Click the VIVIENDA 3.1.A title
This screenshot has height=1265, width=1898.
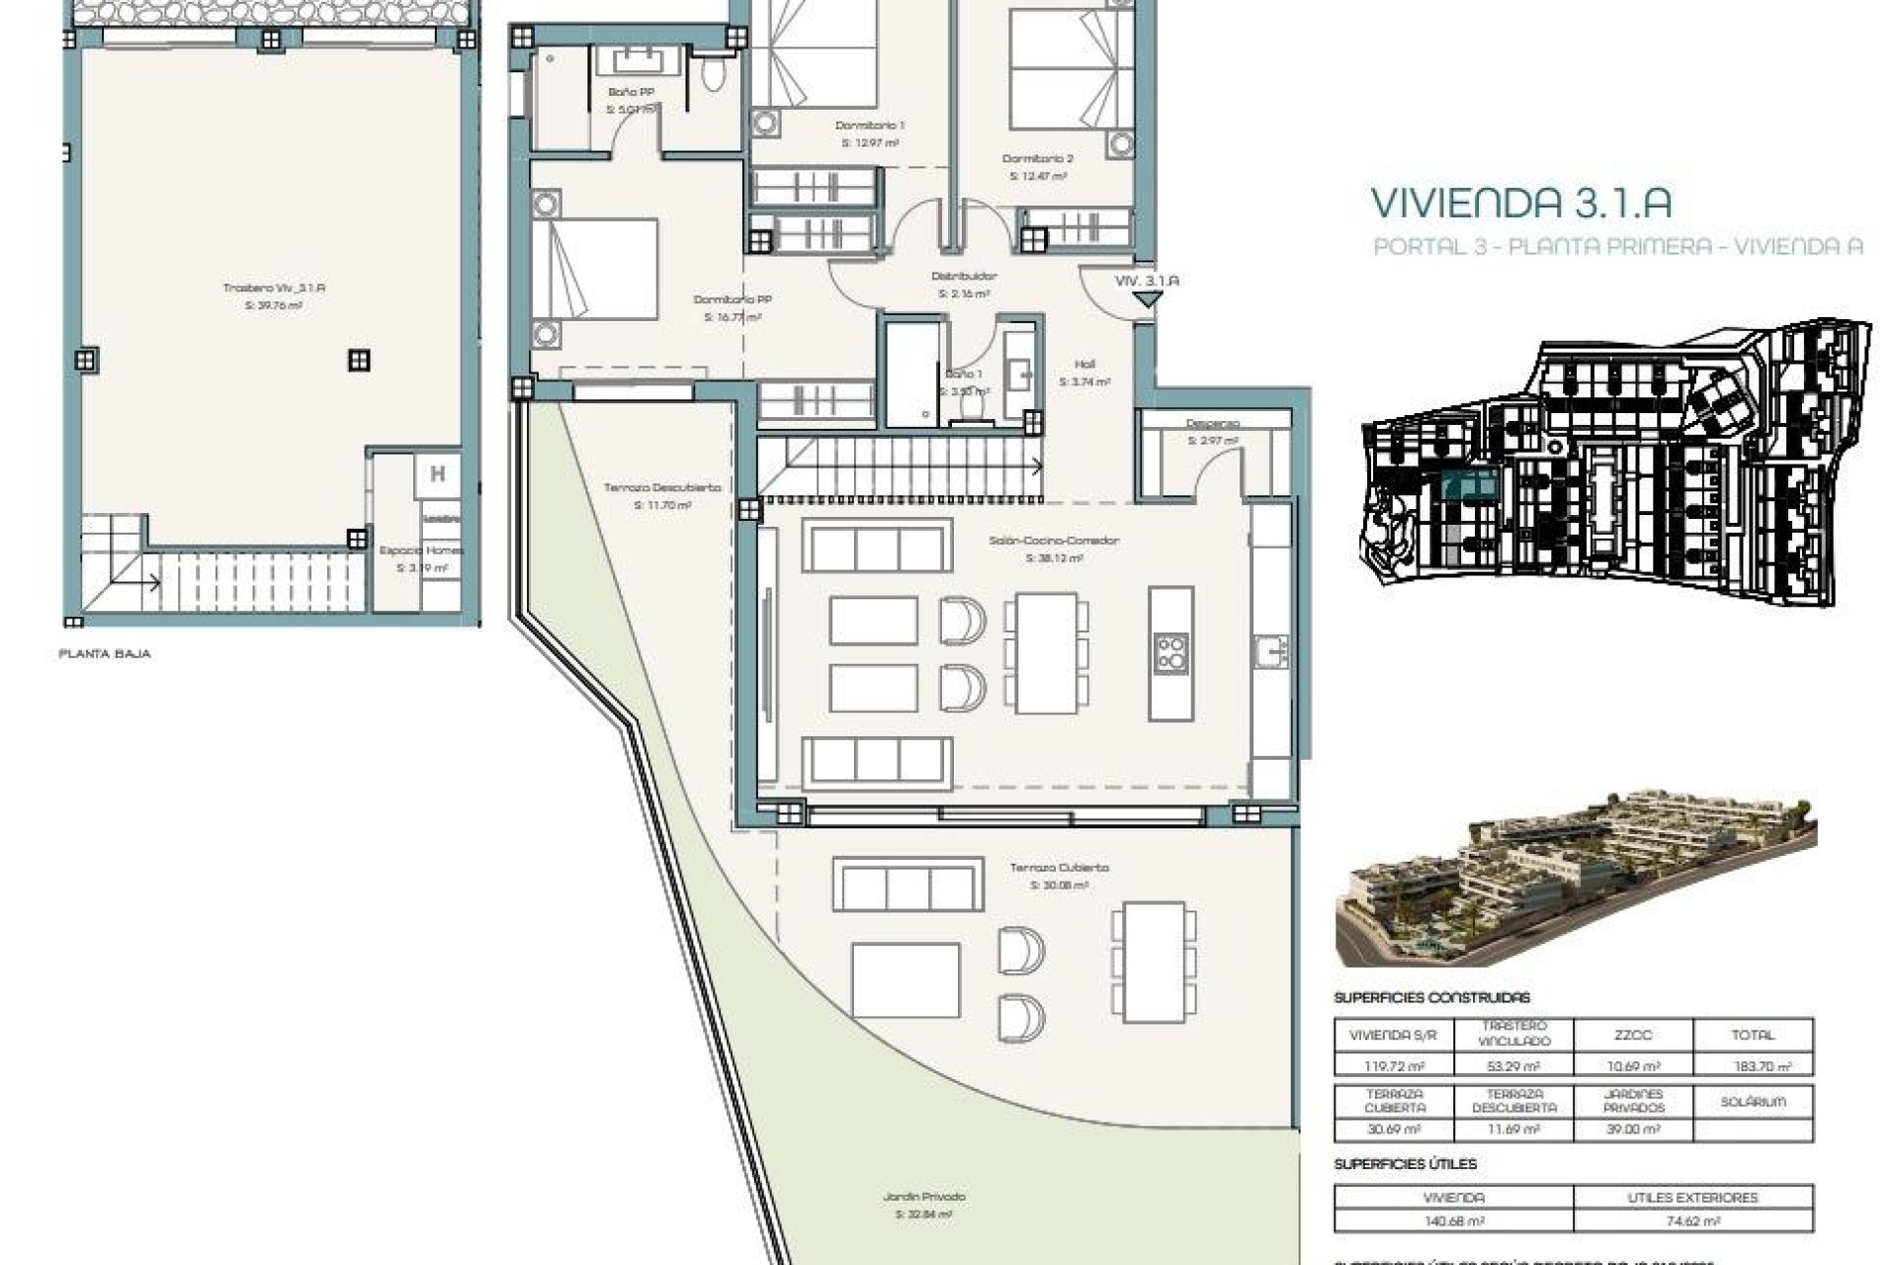[1520, 203]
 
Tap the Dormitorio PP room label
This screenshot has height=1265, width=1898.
[732, 299]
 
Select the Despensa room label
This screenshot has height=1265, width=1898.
[1212, 424]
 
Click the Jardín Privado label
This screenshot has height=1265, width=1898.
[924, 1197]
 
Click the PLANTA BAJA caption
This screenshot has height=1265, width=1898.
[105, 654]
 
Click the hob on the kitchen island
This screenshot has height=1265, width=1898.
[1171, 652]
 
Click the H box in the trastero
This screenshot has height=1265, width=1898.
[437, 474]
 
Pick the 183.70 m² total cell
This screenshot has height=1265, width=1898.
[1753, 1066]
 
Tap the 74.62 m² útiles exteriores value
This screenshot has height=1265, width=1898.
[1692, 1222]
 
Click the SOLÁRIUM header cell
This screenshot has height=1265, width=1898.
[1753, 1101]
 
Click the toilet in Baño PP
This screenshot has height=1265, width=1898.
[714, 77]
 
